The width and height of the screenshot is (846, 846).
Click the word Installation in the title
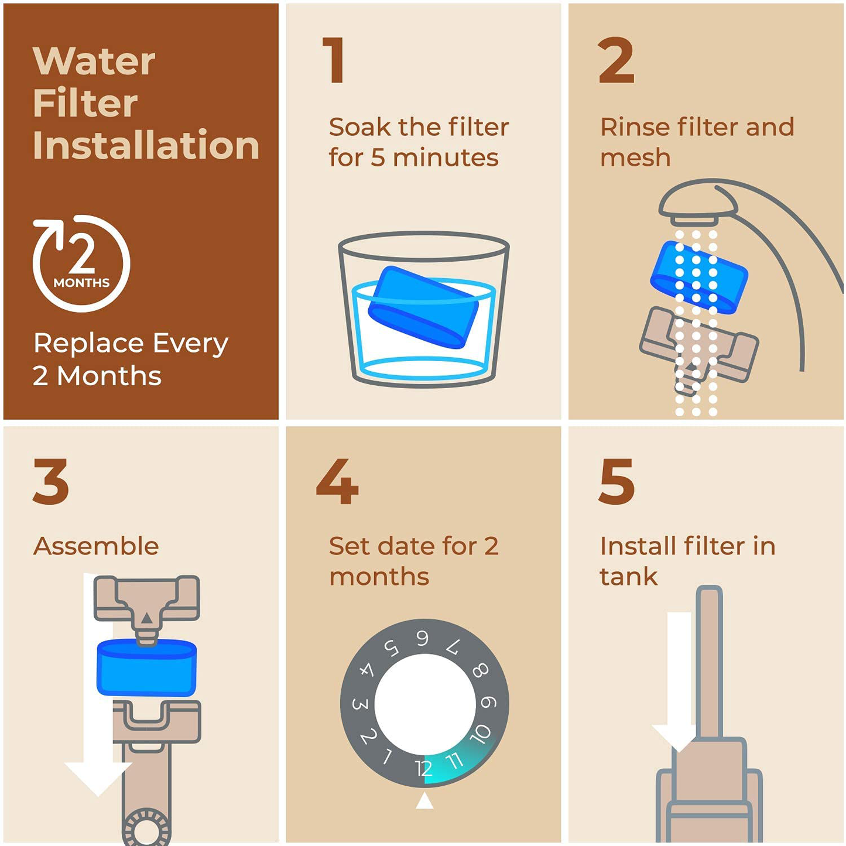pos(146,145)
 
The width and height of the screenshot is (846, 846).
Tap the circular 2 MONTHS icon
pos(81,263)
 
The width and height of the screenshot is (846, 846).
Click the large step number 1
pos(334,60)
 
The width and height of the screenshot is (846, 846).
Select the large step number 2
pos(616,60)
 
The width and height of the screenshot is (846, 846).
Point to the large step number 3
pos(51,481)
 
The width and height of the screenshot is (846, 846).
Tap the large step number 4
pos(337,481)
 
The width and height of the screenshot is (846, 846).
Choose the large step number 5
pos(616,481)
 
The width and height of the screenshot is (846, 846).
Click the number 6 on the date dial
pos(422,639)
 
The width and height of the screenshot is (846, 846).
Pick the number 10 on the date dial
pos(480,733)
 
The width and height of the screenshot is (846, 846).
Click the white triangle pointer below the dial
pos(424,800)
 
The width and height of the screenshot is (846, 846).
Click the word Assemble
pos(96,546)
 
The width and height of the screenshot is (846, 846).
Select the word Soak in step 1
pos(359,127)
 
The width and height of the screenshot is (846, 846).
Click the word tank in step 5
pos(628,577)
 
